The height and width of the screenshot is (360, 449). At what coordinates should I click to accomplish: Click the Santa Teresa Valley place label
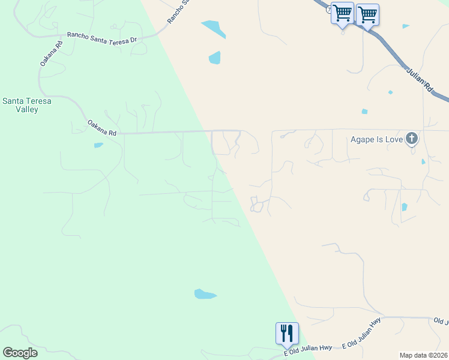click(x=27, y=105)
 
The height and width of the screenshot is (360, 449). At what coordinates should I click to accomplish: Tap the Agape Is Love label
click(x=376, y=140)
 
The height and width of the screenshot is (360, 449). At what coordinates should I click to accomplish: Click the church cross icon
click(x=412, y=139)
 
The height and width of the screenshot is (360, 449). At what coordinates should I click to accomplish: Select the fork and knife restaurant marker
click(x=287, y=333)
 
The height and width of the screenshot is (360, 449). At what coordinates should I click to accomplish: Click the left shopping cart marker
click(x=342, y=13)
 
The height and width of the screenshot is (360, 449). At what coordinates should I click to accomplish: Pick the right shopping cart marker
click(x=367, y=14)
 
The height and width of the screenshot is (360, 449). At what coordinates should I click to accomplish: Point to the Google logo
click(x=20, y=353)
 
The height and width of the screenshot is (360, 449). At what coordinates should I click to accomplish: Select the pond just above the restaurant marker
click(x=204, y=294)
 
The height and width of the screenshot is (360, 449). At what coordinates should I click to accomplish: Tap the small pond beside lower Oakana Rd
click(x=98, y=145)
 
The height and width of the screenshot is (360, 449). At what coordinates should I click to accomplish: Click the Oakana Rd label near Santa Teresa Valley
click(x=101, y=128)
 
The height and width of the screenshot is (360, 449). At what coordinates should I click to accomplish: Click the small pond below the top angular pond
click(x=214, y=58)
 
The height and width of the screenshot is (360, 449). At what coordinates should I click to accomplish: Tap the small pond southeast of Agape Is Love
click(x=404, y=208)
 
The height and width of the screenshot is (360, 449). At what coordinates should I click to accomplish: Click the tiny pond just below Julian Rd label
click(x=391, y=92)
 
